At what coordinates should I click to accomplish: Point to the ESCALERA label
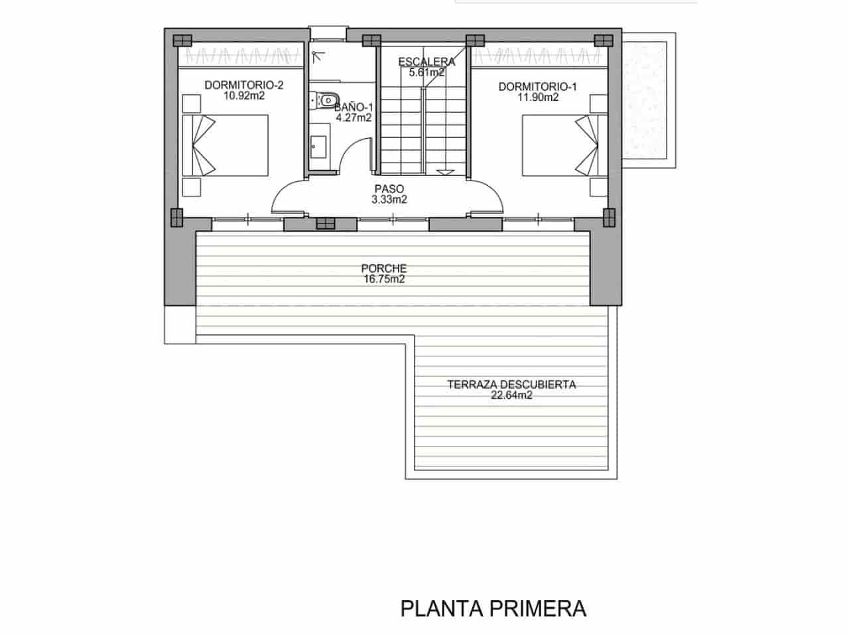pos(426,62)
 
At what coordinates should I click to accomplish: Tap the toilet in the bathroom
pos(324,100)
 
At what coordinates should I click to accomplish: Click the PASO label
pos(389,188)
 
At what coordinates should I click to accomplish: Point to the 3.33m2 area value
pos(389,199)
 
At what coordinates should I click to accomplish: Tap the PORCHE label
pos(383,269)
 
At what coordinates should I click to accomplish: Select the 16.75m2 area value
pos(383,279)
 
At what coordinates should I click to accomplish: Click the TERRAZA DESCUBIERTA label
pos(511,384)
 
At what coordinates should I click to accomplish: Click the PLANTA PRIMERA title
pos(493,608)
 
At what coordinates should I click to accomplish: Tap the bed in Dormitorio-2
pos(226,145)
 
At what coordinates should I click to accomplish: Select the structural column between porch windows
pos(326,224)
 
